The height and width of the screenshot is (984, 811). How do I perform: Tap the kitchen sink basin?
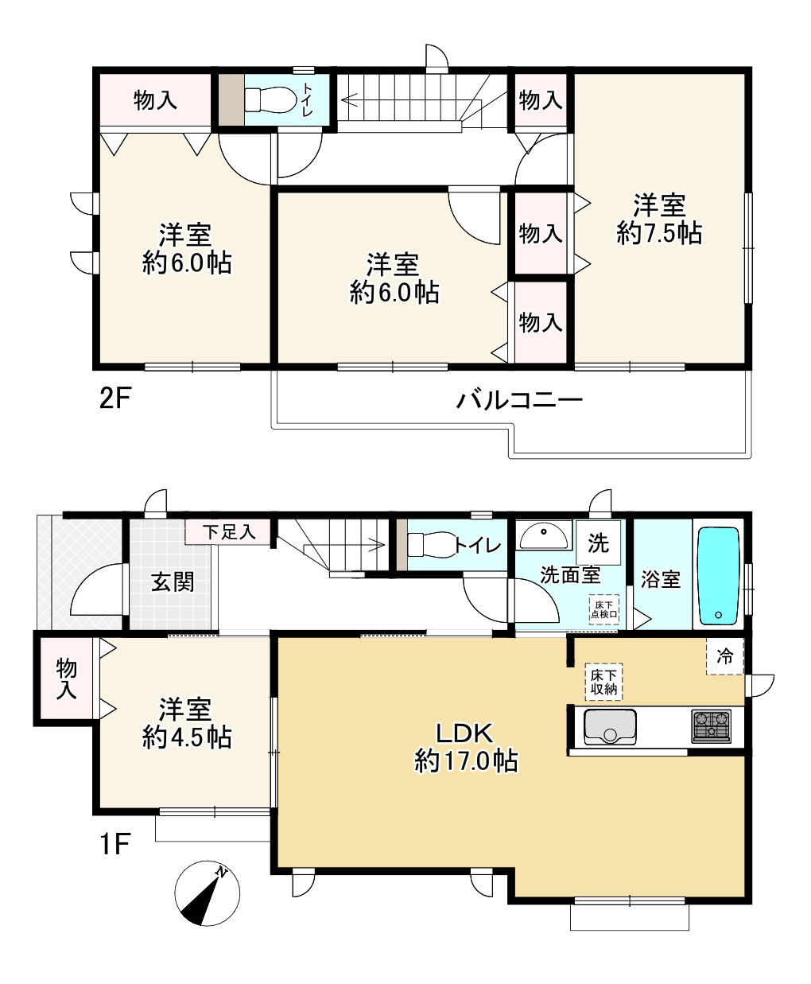pos(609,726)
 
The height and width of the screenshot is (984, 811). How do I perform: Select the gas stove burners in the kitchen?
pos(711,726)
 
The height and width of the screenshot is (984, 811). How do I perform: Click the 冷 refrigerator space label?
pos(725,656)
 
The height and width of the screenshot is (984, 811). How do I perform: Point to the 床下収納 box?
pos(603,682)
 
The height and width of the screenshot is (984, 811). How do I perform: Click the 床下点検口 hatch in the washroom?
pos(604,609)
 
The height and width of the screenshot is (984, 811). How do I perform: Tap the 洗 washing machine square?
pos(598,543)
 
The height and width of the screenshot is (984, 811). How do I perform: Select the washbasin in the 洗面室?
pos(544,536)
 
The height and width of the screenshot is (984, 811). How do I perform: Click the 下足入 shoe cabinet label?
pos(229,532)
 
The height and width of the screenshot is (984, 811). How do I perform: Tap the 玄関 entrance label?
pos(173,582)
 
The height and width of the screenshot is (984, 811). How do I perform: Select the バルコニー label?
pos(519,400)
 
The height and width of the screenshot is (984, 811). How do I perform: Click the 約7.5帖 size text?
pos(659,233)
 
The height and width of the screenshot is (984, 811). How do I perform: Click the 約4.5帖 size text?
pos(187,737)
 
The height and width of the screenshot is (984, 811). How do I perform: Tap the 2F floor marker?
pos(114,399)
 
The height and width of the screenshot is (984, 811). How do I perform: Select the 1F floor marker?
pos(114,844)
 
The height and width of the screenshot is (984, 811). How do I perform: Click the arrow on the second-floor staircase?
pos(400,99)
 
